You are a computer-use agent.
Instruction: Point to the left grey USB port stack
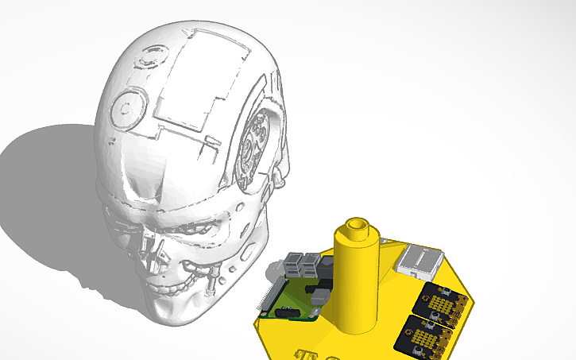click(x=293, y=265)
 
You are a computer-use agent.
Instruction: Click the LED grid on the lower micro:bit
click(x=426, y=335)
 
